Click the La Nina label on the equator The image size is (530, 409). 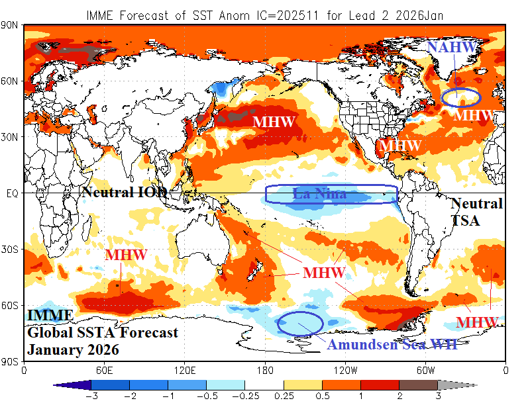tap(319, 194)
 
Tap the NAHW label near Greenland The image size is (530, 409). tap(451, 48)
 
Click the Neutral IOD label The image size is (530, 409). tap(124, 193)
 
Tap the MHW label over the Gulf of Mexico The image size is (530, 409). tap(400, 145)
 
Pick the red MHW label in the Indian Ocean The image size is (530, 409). tap(126, 255)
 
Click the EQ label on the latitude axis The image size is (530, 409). tap(11, 193)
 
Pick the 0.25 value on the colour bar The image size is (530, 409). tap(284, 396)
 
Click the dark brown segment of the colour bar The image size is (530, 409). tap(418, 385)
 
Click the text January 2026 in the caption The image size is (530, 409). tap(73, 349)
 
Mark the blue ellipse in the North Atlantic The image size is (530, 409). tap(460, 97)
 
